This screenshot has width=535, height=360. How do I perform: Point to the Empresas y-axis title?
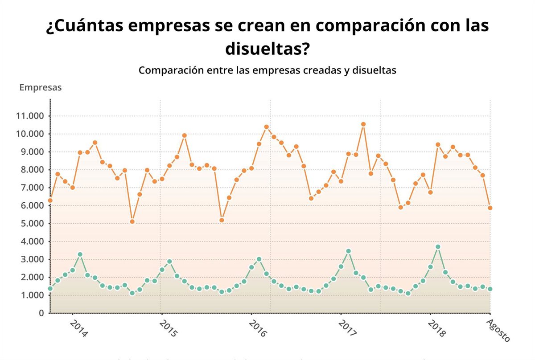coord(41,87)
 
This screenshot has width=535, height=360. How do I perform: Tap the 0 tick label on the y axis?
coord(41,313)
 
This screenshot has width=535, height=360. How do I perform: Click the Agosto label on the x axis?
coord(498,330)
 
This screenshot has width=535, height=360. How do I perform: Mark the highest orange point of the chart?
coord(363,124)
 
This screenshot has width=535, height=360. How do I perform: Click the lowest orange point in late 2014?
coord(132,221)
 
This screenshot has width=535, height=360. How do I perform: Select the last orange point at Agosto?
coord(490,208)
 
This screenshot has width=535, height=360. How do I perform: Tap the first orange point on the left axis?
coord(50,200)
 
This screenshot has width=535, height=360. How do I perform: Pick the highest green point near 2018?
coord(438,247)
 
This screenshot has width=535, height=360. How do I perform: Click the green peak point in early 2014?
coord(80,254)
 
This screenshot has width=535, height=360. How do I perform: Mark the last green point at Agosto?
coord(490,289)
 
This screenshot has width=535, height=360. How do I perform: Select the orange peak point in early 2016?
coord(267,127)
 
